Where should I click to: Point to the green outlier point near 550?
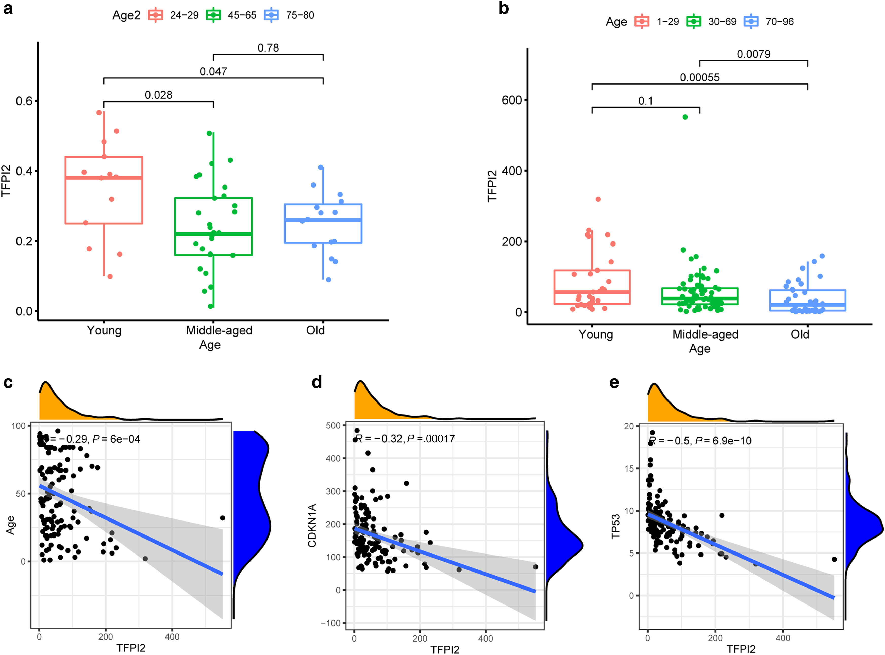[685, 117]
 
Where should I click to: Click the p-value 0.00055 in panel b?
[699, 77]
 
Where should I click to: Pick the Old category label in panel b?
[800, 334]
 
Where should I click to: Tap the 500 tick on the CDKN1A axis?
[333, 425]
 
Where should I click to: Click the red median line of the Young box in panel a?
[104, 178]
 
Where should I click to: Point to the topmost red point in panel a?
[99, 113]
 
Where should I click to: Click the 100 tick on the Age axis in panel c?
[18, 426]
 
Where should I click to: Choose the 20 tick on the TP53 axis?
[629, 426]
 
